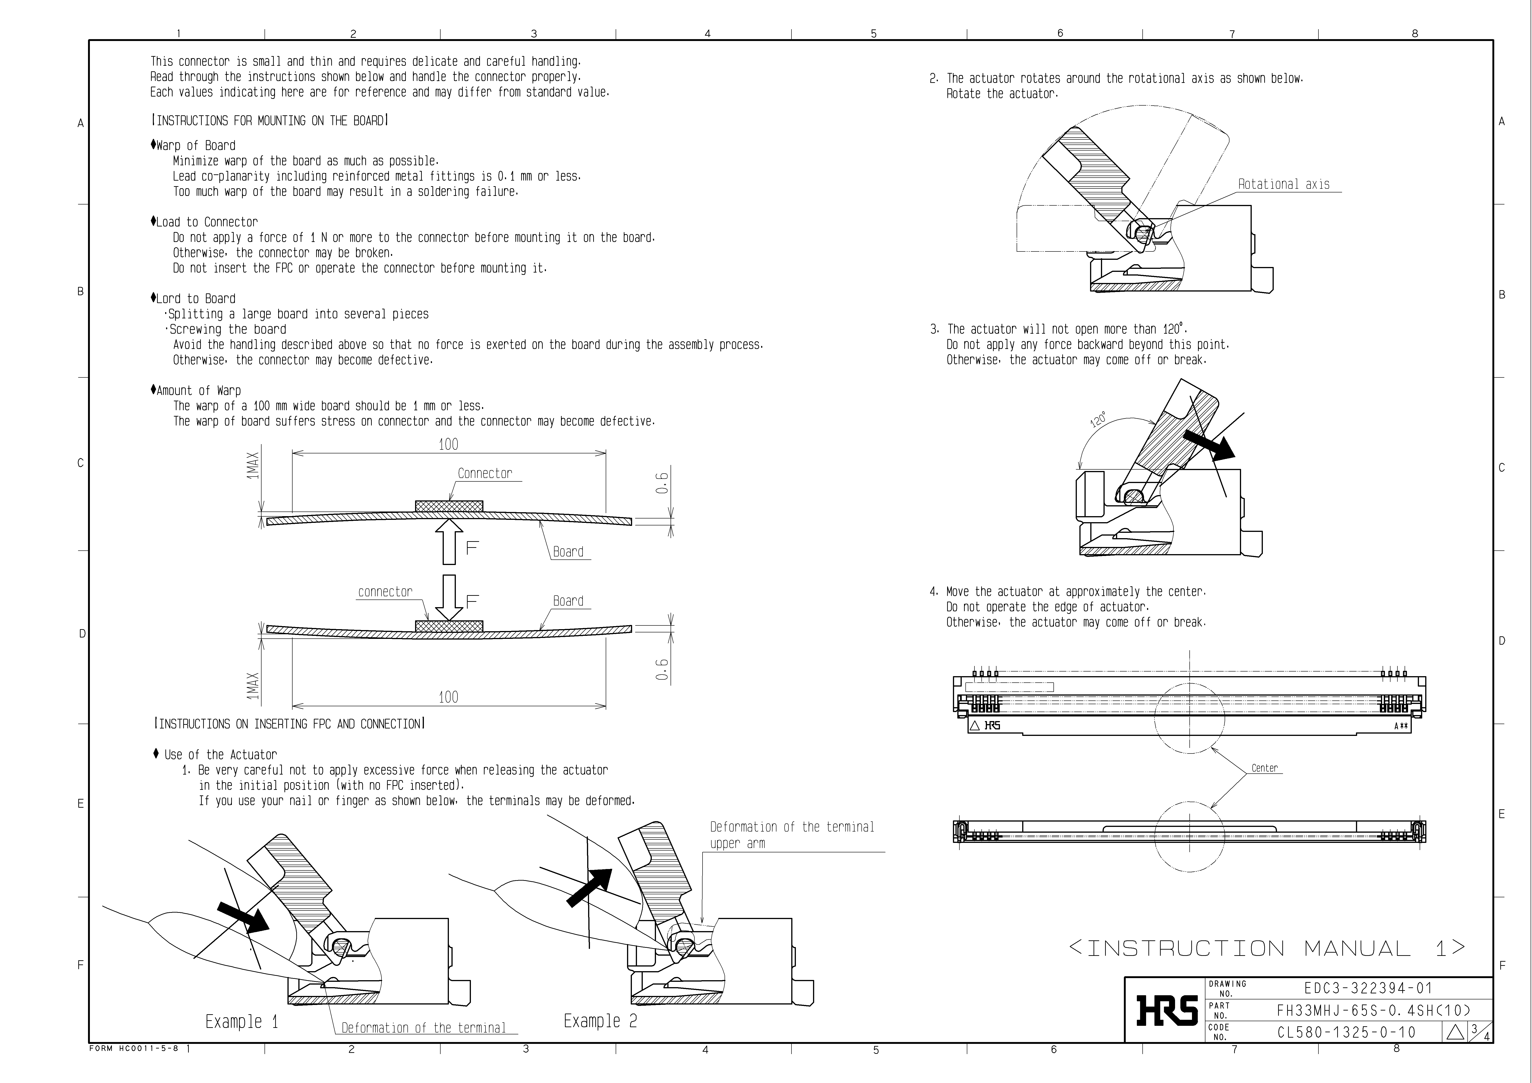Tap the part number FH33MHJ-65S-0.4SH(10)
[1373, 1010]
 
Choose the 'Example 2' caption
[600, 1021]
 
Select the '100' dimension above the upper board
[448, 444]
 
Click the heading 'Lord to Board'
[195, 299]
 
